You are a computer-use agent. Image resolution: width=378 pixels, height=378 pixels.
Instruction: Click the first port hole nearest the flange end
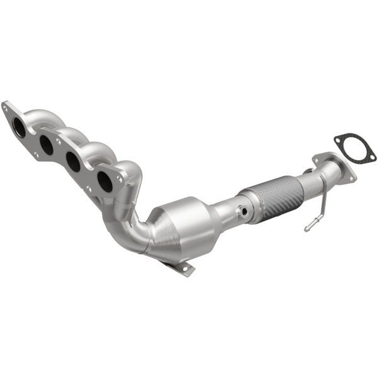[20, 128]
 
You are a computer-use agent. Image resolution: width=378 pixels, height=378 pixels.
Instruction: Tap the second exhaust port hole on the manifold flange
[47, 145]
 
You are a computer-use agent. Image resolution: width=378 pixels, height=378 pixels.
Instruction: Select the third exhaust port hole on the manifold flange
[74, 163]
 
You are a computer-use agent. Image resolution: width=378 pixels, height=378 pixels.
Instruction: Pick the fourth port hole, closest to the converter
[105, 181]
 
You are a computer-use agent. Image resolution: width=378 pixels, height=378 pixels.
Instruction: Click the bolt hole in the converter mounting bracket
[186, 270]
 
